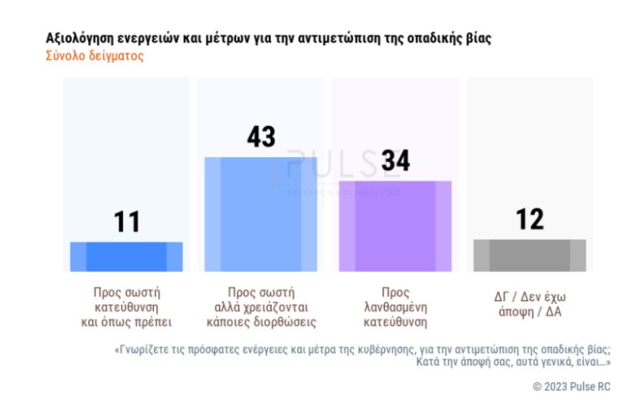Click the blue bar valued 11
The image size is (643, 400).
126,256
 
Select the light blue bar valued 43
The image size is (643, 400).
260,213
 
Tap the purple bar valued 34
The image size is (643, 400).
395,226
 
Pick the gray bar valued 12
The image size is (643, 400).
529,255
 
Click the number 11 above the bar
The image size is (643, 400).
127,222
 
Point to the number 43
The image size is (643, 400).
261,136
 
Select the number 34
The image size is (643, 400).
396,160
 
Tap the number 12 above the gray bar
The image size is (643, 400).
530,219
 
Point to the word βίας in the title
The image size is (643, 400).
478,38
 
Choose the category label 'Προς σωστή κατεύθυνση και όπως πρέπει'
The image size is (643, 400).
126,305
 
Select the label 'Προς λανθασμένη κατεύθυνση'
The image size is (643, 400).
395,305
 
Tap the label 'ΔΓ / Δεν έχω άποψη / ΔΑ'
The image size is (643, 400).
530,305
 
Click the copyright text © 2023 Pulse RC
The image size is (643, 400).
571,385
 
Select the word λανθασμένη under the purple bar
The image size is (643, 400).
395,305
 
